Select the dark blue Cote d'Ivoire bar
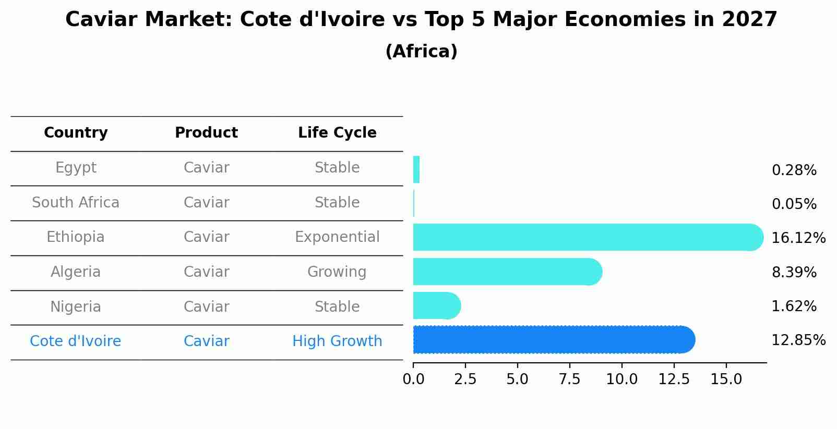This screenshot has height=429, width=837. click(x=553, y=340)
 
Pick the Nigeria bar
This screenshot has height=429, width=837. click(x=436, y=305)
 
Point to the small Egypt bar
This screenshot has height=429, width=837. click(x=416, y=169)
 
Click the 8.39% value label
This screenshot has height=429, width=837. click(x=794, y=272)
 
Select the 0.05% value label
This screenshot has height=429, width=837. click(x=794, y=204)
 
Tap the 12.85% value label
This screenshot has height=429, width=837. click(x=798, y=340)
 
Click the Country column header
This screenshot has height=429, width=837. click(x=76, y=133)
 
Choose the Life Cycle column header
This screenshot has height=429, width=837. click(x=337, y=133)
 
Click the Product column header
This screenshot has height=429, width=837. click(x=206, y=133)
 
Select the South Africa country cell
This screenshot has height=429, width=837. click(x=76, y=202)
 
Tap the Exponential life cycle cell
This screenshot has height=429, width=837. click(x=337, y=237)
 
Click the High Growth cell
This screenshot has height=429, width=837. click(x=337, y=341)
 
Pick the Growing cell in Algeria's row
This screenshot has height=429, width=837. click(x=337, y=272)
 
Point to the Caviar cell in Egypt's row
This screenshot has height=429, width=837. click(x=206, y=168)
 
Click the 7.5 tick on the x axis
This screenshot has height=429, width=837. click(x=569, y=379)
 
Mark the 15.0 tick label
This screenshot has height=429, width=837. click(x=726, y=379)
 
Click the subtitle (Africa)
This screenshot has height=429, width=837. click(x=421, y=52)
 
